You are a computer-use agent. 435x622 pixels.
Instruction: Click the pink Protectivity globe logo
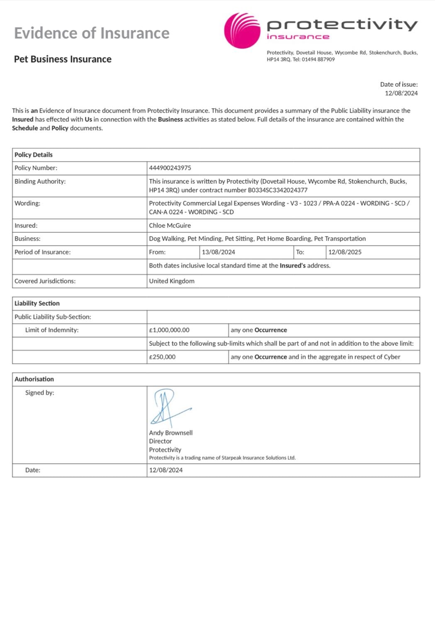(x=242, y=30)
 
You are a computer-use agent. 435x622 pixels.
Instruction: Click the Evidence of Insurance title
(x=92, y=33)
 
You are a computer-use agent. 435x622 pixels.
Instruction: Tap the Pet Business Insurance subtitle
(x=63, y=59)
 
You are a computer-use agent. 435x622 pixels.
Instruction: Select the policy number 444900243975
(x=170, y=168)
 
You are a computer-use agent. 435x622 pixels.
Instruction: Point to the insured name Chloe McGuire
(x=170, y=226)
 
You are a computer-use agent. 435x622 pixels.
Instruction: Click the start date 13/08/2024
(x=219, y=252)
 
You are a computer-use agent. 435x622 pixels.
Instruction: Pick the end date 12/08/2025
(x=345, y=252)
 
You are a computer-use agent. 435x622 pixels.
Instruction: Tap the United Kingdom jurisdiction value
(x=172, y=281)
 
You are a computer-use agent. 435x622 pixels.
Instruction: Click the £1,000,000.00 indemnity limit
(x=169, y=330)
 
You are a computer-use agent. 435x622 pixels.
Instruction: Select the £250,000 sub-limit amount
(x=162, y=357)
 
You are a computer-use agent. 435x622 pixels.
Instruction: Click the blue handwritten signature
(x=168, y=407)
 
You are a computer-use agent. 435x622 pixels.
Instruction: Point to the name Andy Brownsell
(x=171, y=433)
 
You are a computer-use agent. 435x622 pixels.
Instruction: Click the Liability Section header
(x=37, y=304)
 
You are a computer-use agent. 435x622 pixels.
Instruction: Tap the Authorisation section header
(x=34, y=379)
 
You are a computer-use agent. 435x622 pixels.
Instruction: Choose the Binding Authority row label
(x=40, y=182)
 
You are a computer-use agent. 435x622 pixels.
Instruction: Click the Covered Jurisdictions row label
(x=45, y=281)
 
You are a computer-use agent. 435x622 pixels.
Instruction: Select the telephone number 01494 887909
(x=318, y=59)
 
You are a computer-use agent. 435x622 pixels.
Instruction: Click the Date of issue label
(x=399, y=85)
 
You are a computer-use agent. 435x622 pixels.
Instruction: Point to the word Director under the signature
(x=160, y=441)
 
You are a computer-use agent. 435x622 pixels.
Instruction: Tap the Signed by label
(x=39, y=393)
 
